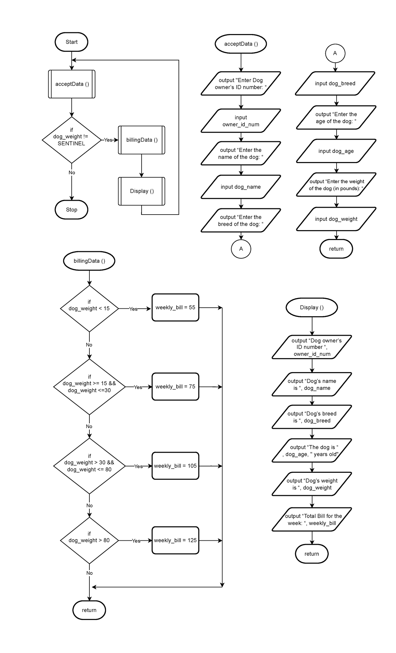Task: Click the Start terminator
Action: click(x=71, y=42)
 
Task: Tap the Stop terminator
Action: click(x=71, y=210)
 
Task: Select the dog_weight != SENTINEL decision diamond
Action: click(x=71, y=140)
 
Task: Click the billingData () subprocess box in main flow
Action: click(x=142, y=140)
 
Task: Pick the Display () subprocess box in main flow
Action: click(x=142, y=191)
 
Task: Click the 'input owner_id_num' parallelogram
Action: click(x=241, y=121)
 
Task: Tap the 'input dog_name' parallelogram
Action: click(x=241, y=187)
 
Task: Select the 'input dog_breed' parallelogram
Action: click(x=335, y=84)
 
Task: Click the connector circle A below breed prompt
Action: click(x=241, y=249)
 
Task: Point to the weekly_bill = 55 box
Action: click(x=175, y=307)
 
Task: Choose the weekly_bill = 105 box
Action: click(x=175, y=466)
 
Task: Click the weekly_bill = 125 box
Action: click(x=175, y=540)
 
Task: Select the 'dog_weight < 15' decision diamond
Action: click(x=89, y=308)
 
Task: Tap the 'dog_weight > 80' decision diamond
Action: click(x=89, y=540)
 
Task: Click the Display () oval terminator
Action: click(x=312, y=307)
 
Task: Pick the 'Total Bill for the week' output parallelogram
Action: click(x=312, y=519)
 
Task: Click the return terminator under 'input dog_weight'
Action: click(x=336, y=249)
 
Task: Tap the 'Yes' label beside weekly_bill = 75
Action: click(x=138, y=387)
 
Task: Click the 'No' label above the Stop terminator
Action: click(x=72, y=173)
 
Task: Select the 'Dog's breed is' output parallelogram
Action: click(x=312, y=417)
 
